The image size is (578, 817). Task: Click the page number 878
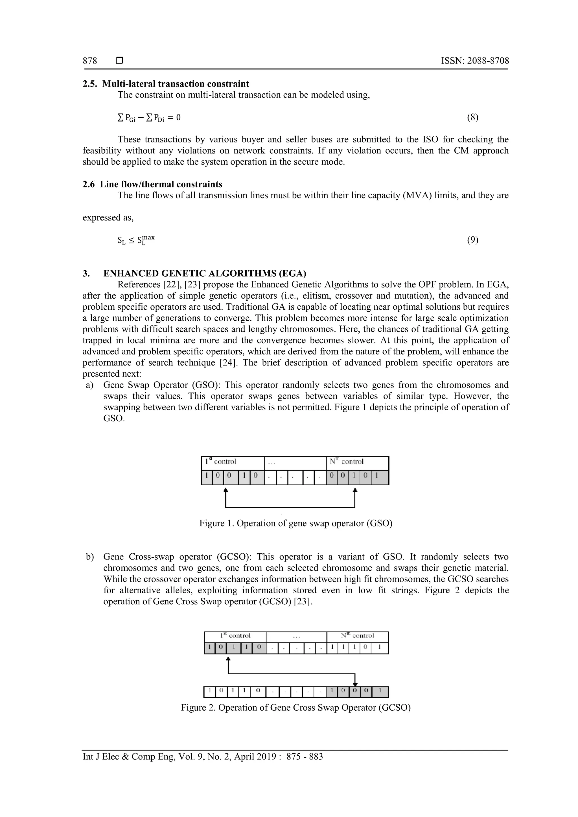point(90,61)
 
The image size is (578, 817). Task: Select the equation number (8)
point(472,117)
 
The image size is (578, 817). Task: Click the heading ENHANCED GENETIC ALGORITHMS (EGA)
point(205,273)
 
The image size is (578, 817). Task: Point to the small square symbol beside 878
point(120,61)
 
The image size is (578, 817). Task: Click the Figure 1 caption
point(295,523)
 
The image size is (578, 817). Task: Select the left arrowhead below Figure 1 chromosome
point(225,491)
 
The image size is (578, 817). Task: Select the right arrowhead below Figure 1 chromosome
point(355,491)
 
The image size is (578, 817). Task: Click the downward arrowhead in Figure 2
point(355,684)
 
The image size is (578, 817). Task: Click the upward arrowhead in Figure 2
point(228,659)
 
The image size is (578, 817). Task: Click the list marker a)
point(90,385)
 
